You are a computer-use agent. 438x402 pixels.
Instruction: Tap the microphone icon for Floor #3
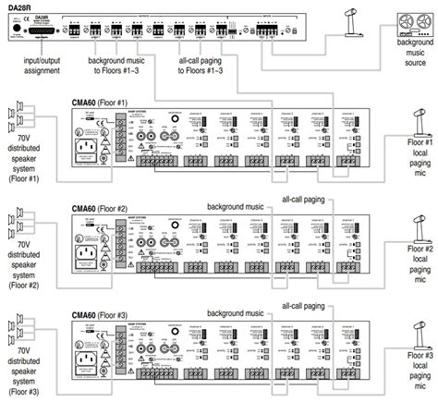[414, 314]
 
